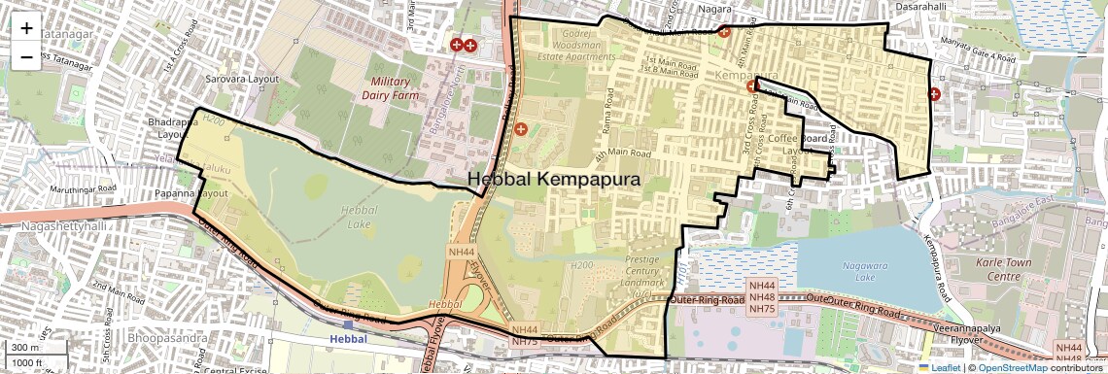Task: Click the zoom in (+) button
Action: point(26,28)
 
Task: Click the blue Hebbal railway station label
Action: point(349,338)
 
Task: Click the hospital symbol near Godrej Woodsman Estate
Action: point(521,128)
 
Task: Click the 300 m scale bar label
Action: point(26,348)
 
